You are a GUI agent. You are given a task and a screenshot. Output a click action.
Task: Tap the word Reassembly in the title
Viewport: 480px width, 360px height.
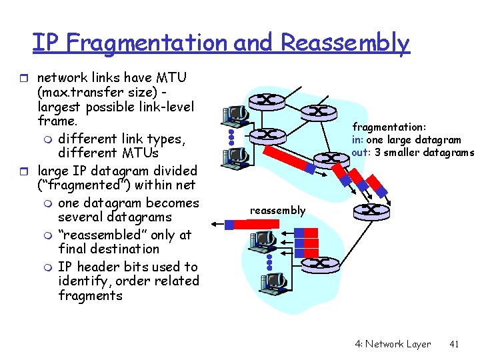pos(345,43)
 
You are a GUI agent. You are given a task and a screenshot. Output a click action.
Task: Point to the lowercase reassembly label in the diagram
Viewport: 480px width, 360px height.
pos(277,211)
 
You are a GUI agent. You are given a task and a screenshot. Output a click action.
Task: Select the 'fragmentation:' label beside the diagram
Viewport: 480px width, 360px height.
pos(389,127)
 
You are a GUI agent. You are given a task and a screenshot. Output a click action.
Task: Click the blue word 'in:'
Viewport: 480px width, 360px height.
pos(359,139)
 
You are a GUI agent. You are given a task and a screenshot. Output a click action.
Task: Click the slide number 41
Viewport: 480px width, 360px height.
pos(455,344)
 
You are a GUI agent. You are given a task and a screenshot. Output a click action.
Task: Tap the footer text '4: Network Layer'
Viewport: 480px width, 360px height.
pos(393,344)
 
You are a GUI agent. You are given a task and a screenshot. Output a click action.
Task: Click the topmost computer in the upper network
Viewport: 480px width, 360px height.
pos(235,117)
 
